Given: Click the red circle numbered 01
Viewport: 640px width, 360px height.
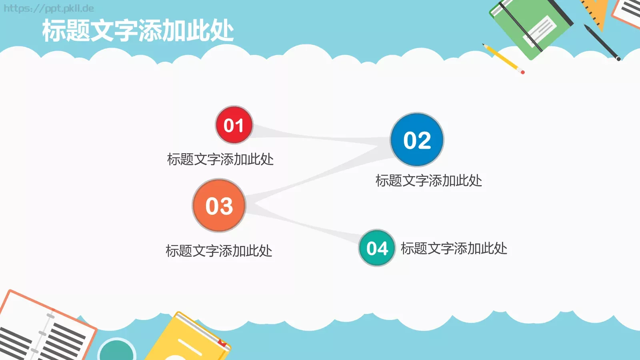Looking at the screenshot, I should pyautogui.click(x=234, y=125).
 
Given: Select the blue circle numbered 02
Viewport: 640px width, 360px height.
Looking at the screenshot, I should pyautogui.click(x=417, y=140).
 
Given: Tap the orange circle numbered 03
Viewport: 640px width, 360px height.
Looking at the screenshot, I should pyautogui.click(x=219, y=206).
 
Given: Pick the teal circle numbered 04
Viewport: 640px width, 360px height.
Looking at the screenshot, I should pyautogui.click(x=377, y=248).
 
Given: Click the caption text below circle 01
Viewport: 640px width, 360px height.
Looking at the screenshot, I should pyautogui.click(x=220, y=159).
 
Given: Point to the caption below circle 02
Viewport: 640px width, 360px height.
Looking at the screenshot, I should pyautogui.click(x=428, y=181).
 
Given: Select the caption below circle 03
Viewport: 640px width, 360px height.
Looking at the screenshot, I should pyautogui.click(x=219, y=251).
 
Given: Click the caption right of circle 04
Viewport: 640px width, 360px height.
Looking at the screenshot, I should pyautogui.click(x=454, y=248).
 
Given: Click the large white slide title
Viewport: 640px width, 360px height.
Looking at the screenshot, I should pyautogui.click(x=138, y=31).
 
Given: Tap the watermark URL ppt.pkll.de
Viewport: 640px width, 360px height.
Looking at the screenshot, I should pyautogui.click(x=49, y=8).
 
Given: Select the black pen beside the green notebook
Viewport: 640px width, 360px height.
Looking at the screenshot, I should pyautogui.click(x=602, y=42).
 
